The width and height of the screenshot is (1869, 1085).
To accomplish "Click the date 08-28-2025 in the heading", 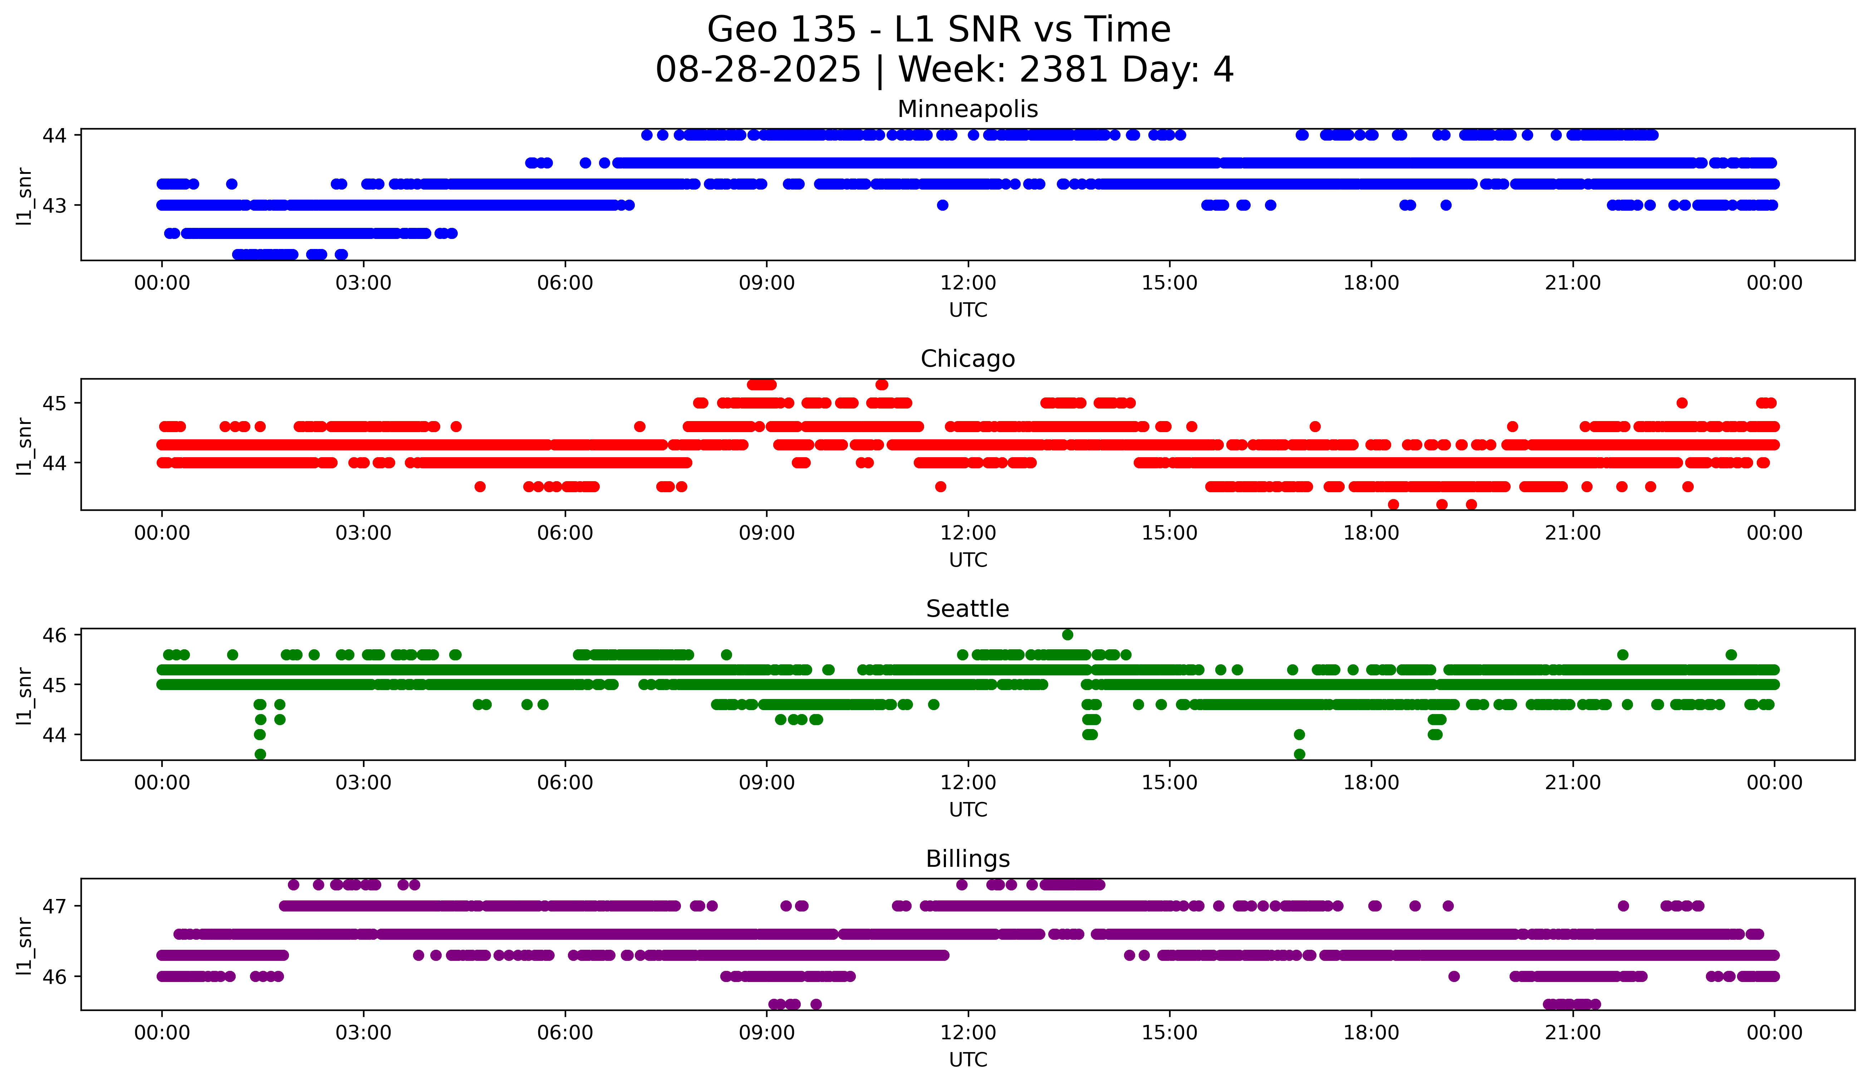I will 758,70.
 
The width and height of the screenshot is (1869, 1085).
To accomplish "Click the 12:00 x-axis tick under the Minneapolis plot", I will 968,283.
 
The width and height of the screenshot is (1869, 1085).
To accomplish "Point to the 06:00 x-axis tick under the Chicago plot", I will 565,533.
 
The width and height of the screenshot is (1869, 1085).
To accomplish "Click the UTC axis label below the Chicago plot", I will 968,560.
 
